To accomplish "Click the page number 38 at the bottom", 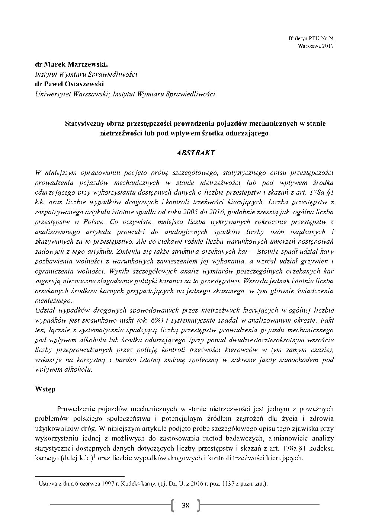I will click(x=185, y=505).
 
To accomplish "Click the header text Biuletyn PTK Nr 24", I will click(x=311, y=38).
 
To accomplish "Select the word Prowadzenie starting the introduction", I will click(x=76, y=409).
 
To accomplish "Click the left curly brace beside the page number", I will click(x=173, y=505).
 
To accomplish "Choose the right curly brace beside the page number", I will click(x=198, y=505).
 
